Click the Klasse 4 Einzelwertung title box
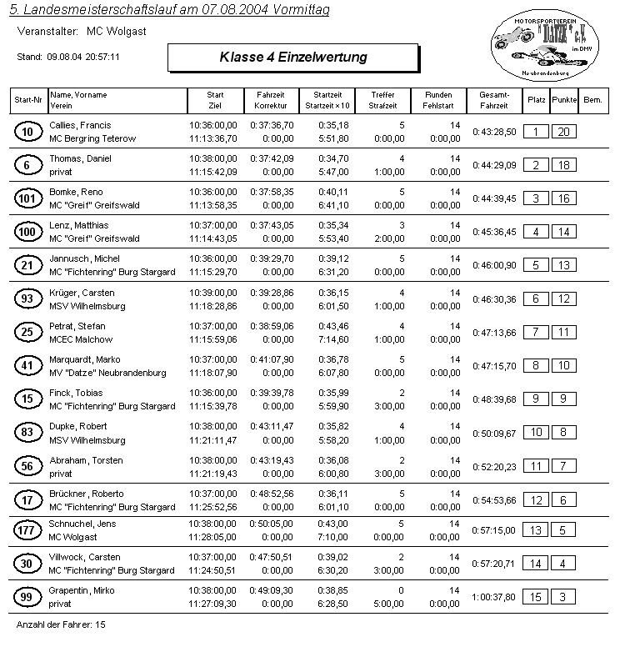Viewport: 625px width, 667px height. pyautogui.click(x=292, y=58)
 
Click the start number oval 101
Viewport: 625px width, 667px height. pyautogui.click(x=27, y=198)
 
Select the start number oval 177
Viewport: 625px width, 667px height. pyautogui.click(x=27, y=530)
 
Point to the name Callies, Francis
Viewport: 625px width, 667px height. pyautogui.click(x=80, y=124)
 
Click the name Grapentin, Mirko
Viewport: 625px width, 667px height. pyautogui.click(x=82, y=590)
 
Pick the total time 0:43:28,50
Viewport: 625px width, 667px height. pyautogui.click(x=494, y=132)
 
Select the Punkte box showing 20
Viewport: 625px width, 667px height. pyautogui.click(x=564, y=132)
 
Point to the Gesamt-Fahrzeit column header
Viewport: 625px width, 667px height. pyautogui.click(x=494, y=101)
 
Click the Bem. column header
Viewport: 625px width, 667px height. pyautogui.click(x=593, y=99)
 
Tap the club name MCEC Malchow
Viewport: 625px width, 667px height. pyautogui.click(x=82, y=339)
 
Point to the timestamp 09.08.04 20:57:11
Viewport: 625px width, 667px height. pyautogui.click(x=83, y=57)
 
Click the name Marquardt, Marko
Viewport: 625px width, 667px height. pyautogui.click(x=86, y=359)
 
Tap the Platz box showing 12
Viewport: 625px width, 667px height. pyautogui.click(x=537, y=499)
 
